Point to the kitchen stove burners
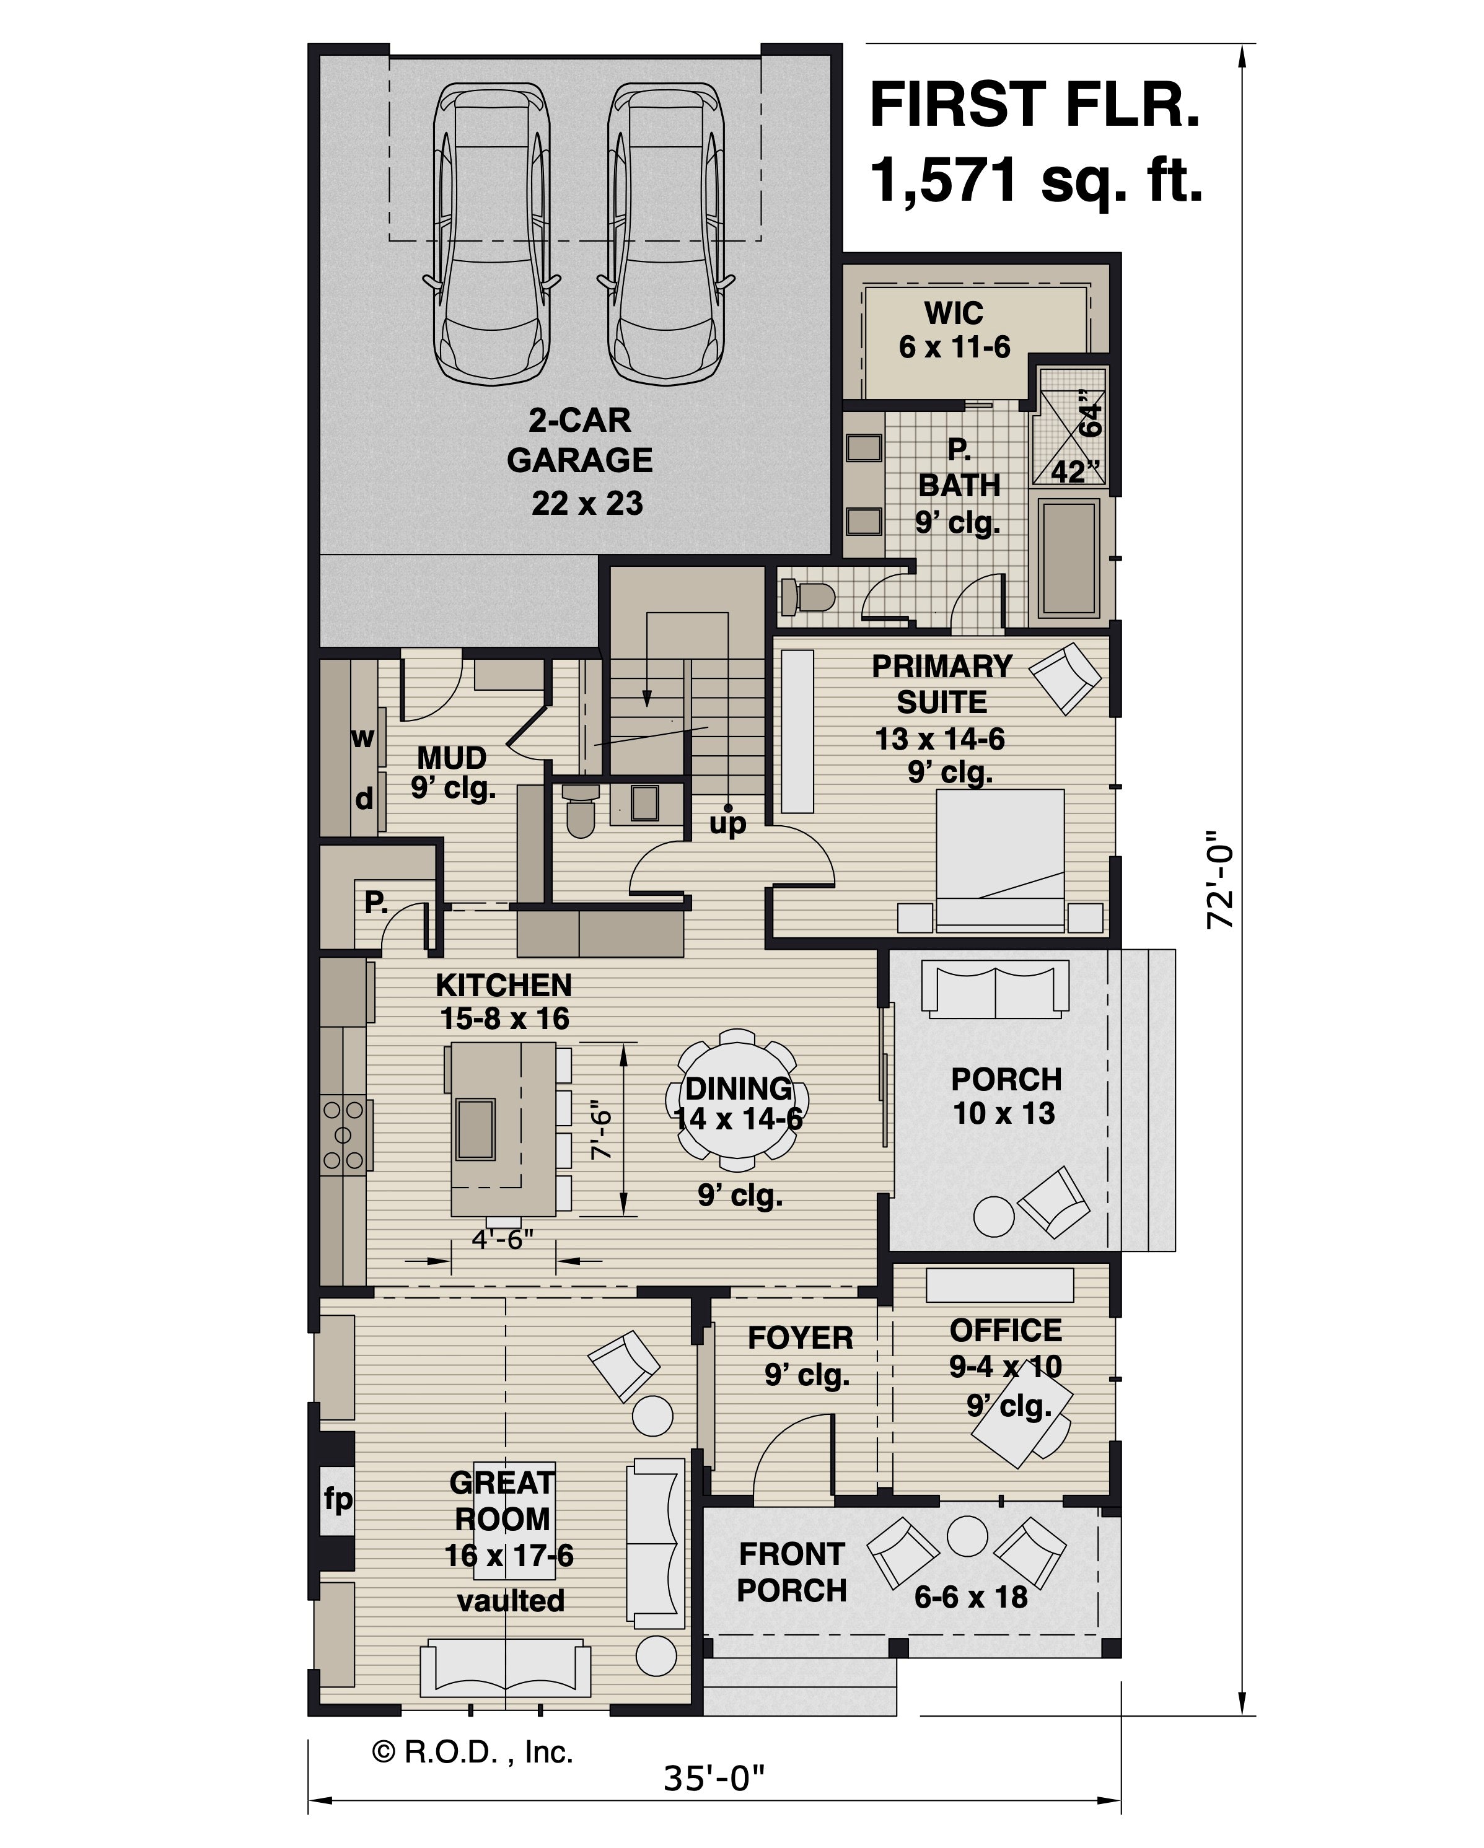343,1135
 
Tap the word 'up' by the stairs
728,824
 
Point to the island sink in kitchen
476,1129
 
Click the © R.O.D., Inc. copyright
472,1752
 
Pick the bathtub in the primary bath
1068,559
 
